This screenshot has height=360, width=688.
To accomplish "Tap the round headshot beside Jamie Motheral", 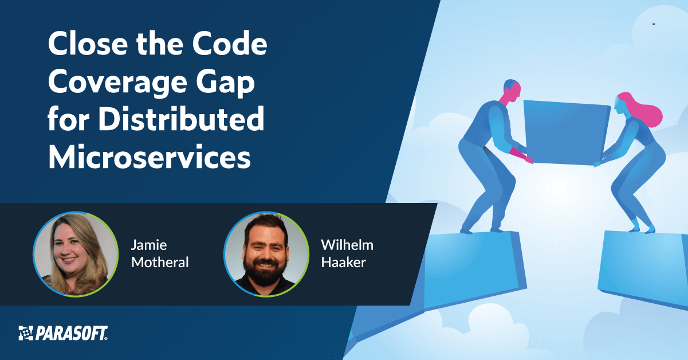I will pos(71,254).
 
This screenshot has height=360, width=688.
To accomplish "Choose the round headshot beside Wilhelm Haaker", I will pos(261,254).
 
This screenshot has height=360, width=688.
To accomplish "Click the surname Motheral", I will pos(160,263).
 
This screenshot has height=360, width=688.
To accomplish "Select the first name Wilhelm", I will pos(347,245).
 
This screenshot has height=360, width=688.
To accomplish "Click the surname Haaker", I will pos(343,263).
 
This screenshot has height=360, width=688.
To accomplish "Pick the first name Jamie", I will pos(148,245).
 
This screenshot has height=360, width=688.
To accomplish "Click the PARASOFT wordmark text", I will pos(72,333).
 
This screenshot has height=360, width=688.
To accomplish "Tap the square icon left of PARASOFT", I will pos(26,333).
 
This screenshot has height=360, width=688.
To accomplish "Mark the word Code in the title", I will pos(235,45).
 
